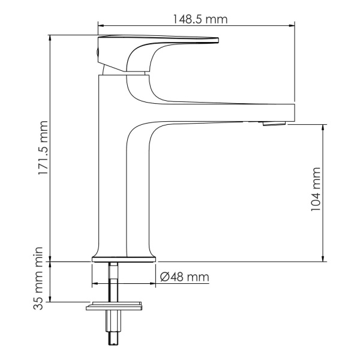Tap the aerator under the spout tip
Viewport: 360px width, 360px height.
(274, 124)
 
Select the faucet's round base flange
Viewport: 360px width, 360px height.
(124, 260)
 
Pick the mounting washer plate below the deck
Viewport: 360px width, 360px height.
(116, 307)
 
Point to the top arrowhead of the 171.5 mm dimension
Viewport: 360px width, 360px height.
(51, 37)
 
